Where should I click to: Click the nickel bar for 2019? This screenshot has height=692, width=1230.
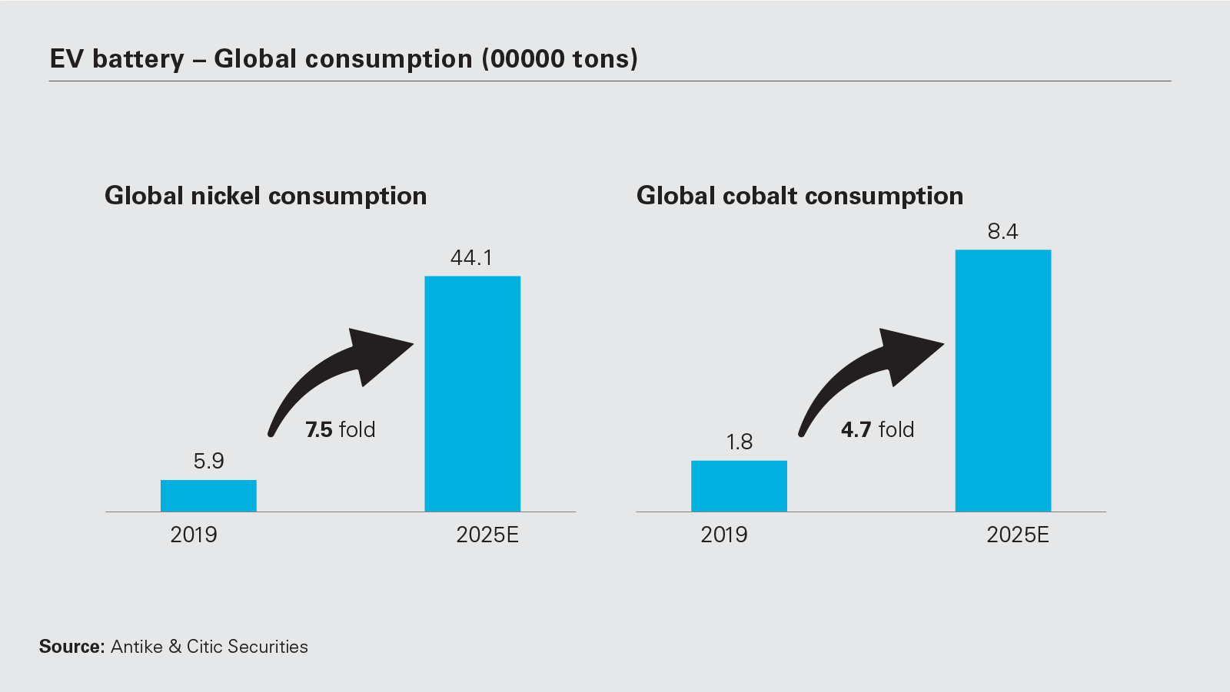pyautogui.click(x=208, y=495)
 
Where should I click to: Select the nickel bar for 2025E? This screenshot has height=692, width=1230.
pyautogui.click(x=472, y=393)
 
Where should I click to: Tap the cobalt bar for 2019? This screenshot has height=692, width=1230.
pyautogui.click(x=739, y=485)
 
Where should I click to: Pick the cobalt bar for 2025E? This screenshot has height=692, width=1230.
pyautogui.click(x=1002, y=380)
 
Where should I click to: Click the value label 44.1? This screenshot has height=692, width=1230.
pyautogui.click(x=471, y=257)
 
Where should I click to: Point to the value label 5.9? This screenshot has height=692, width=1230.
pyautogui.click(x=208, y=461)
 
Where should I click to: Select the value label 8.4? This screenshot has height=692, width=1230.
pyautogui.click(x=1002, y=231)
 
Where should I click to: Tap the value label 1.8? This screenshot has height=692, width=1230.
pyautogui.click(x=739, y=442)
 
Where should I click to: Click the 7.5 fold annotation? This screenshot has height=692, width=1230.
pyautogui.click(x=340, y=429)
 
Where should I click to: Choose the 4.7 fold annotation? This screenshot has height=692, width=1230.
pyautogui.click(x=877, y=429)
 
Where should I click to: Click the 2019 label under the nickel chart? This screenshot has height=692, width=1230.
pyautogui.click(x=194, y=535)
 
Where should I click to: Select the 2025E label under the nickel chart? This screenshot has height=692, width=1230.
pyautogui.click(x=487, y=535)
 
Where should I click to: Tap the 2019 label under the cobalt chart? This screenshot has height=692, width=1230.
pyautogui.click(x=723, y=535)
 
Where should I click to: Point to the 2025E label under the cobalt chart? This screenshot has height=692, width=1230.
pyautogui.click(x=1018, y=535)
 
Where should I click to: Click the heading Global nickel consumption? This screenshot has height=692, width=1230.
pyautogui.click(x=265, y=196)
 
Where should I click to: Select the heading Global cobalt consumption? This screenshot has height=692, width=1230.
pyautogui.click(x=799, y=196)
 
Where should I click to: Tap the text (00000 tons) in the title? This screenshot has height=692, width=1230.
pyautogui.click(x=560, y=59)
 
